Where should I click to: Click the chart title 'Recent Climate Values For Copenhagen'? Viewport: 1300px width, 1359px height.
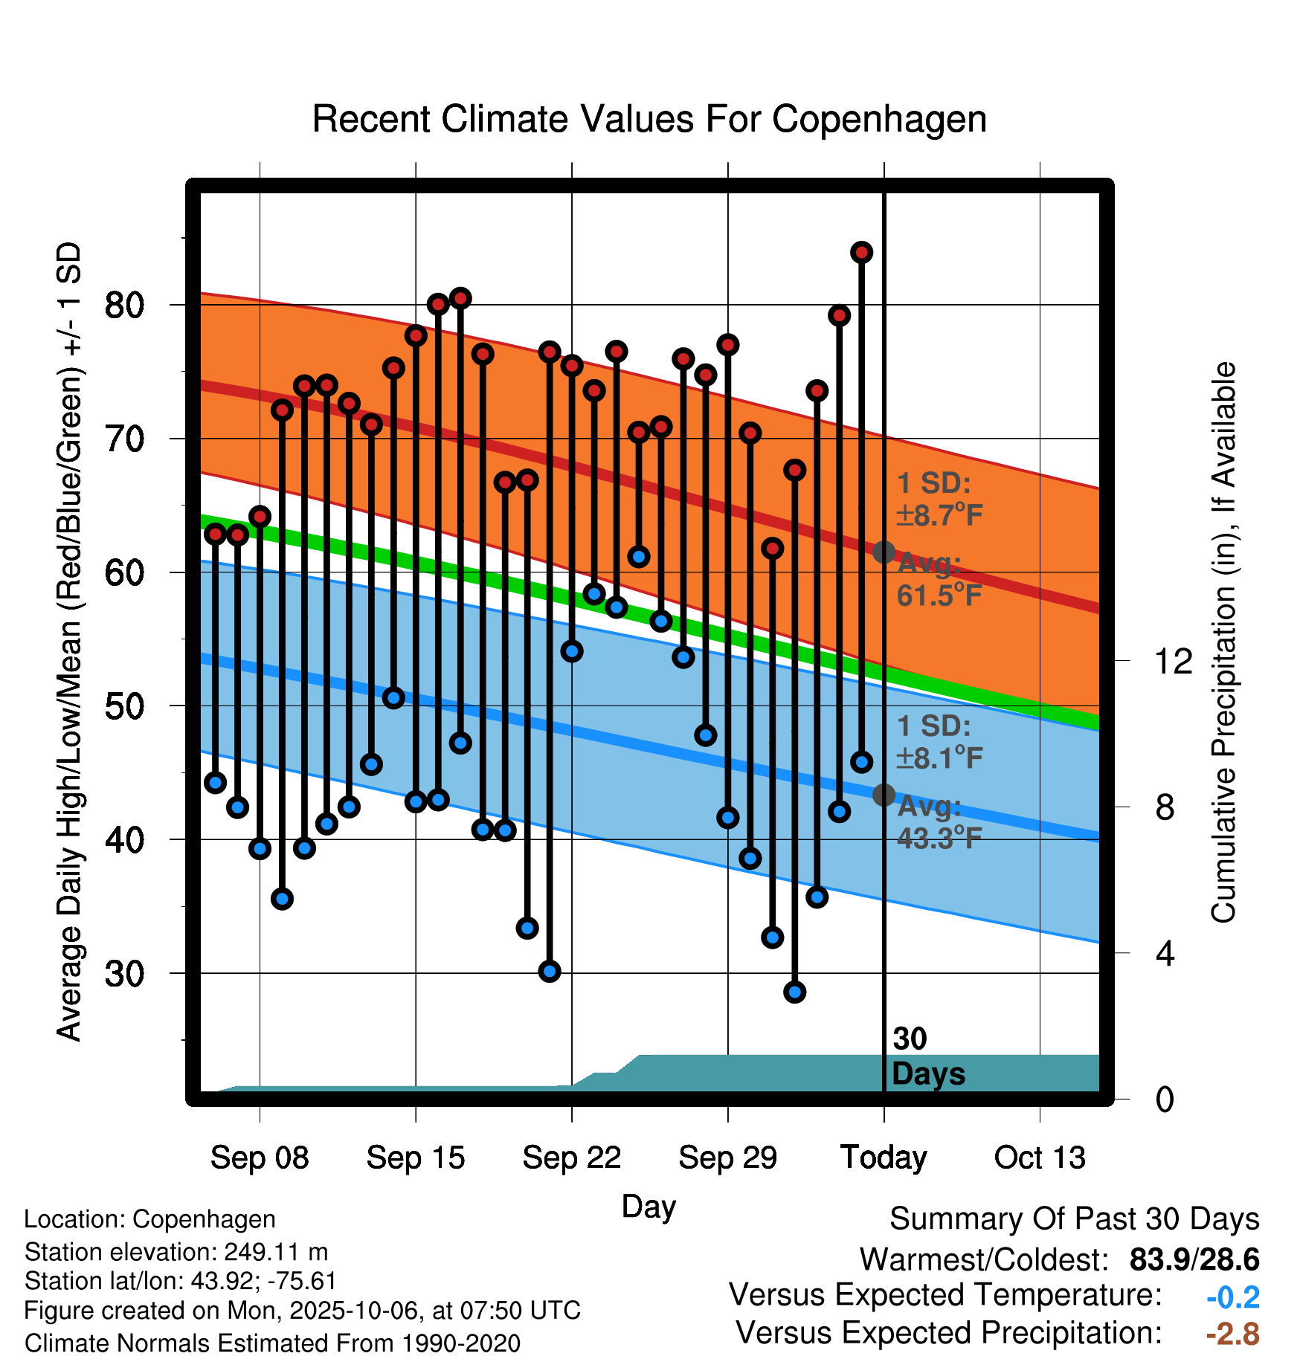coord(649,119)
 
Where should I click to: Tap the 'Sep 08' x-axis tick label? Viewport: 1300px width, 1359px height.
coord(260,1158)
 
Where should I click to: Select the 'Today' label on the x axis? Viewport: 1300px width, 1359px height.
coord(884,1158)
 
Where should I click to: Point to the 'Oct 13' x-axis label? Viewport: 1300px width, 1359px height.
coord(1040,1158)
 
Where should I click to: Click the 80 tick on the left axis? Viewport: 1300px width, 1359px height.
coord(124,305)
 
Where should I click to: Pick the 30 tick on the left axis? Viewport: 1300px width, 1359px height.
coord(124,973)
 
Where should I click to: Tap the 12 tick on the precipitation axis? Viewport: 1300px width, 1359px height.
coord(1173,661)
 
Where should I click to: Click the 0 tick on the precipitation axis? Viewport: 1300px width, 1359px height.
coord(1165,1099)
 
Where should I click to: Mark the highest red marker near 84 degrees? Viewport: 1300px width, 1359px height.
coord(861,253)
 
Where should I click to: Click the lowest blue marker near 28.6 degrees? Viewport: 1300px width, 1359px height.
coord(794,992)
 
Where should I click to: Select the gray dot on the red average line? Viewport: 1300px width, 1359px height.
coord(884,552)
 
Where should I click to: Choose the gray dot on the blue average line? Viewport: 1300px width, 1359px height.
coord(884,795)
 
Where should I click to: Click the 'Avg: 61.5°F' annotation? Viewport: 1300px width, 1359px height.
coord(939,580)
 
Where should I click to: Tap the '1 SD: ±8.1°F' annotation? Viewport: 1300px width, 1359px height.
coord(939,742)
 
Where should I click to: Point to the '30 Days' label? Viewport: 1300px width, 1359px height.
coord(927,1056)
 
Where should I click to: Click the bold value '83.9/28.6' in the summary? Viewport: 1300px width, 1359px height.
coord(1194,1259)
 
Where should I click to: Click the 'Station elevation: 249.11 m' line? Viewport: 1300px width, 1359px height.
coord(176,1252)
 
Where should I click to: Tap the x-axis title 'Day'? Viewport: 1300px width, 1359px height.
coord(649,1206)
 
